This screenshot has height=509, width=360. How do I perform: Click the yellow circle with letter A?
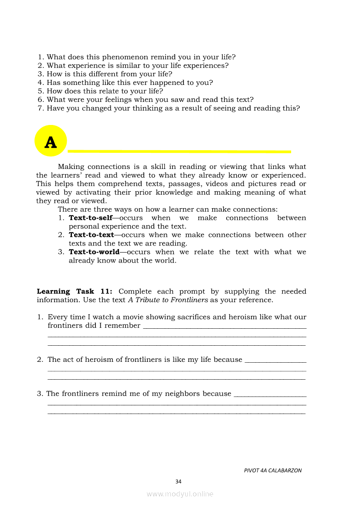(x=51, y=141)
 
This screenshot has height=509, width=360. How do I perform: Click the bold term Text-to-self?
(x=91, y=218)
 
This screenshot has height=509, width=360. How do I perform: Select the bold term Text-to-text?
(x=92, y=235)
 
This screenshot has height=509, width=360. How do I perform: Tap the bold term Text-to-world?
(x=94, y=252)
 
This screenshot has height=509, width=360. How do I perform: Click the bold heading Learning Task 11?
(x=75, y=292)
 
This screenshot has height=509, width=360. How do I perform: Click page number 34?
(x=178, y=482)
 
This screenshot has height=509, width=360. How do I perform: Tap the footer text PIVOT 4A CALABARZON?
(x=273, y=470)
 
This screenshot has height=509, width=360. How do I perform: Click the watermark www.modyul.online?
(x=180, y=494)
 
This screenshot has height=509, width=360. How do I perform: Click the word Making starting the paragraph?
(x=71, y=167)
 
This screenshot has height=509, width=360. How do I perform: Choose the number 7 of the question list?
(x=41, y=108)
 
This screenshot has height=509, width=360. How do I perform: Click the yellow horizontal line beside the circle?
(x=179, y=152)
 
